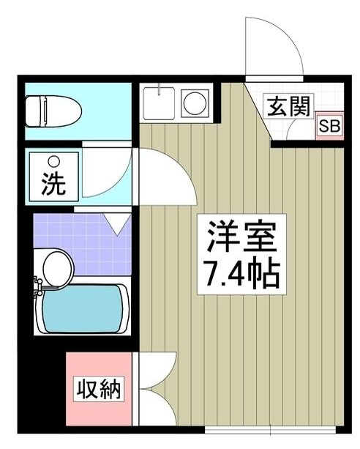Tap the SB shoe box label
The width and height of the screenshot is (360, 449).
coord(329,126)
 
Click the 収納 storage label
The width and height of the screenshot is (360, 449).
coord(100,389)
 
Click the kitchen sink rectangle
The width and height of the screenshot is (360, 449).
coord(160,103)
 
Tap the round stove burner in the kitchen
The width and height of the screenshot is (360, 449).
coord(195,103)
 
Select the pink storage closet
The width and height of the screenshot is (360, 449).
coord(100,389)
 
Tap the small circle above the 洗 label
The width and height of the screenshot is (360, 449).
coord(53,162)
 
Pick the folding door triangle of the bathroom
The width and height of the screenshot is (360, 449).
coord(118,222)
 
